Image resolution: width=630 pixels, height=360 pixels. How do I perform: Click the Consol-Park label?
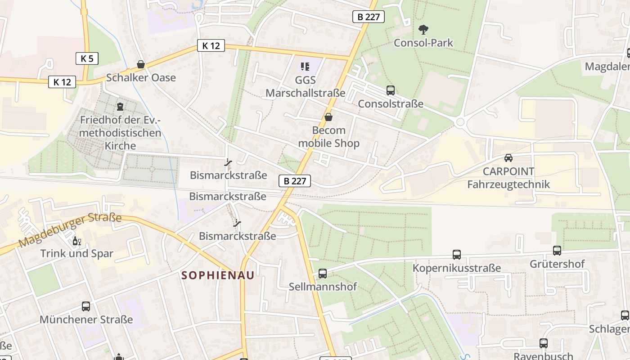click(x=423, y=43)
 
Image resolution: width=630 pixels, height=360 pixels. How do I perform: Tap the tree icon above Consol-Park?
click(x=423, y=30)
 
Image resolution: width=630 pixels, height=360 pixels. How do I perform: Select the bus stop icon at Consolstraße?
click(x=391, y=90)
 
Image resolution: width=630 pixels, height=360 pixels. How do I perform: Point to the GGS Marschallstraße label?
click(x=305, y=86)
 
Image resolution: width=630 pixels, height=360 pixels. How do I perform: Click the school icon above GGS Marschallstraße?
click(x=305, y=67)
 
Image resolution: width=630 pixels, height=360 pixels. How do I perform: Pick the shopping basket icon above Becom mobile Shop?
click(x=329, y=117)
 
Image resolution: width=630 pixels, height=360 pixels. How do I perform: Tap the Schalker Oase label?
click(x=141, y=77)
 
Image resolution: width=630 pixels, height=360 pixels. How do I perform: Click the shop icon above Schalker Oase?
click(x=141, y=65)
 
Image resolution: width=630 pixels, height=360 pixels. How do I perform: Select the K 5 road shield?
click(x=86, y=58)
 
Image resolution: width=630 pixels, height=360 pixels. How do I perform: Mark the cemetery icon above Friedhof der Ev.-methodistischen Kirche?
click(x=120, y=107)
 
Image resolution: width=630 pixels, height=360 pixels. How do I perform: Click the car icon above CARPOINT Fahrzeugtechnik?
click(x=508, y=158)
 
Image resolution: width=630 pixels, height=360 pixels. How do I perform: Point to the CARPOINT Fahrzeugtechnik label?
click(x=508, y=178)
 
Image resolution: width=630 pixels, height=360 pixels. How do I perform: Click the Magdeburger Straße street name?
click(x=70, y=231)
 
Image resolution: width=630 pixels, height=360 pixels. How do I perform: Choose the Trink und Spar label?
click(x=77, y=253)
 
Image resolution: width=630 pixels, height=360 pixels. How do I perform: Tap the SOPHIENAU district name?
click(x=218, y=275)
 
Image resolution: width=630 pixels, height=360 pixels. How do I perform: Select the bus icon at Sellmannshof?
click(x=323, y=273)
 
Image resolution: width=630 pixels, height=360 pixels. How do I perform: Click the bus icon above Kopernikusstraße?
click(x=457, y=255)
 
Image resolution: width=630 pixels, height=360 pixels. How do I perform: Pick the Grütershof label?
click(x=557, y=264)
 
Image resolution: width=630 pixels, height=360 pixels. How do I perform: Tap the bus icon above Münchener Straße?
click(x=86, y=306)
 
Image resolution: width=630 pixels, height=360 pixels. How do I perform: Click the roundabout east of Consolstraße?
click(x=460, y=122)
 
